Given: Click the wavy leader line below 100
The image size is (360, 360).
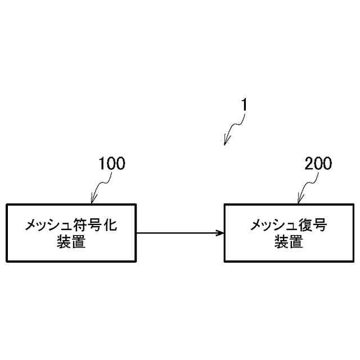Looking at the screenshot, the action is (x=101, y=186).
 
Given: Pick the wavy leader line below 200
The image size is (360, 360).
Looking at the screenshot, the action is (x=308, y=186).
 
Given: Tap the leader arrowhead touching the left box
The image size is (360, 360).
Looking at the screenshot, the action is (x=93, y=200).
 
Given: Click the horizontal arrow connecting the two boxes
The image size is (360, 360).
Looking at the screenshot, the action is (x=180, y=233).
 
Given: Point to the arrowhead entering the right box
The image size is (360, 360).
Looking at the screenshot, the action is (x=220, y=233).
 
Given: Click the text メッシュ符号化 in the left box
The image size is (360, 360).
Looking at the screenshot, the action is (x=71, y=226).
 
